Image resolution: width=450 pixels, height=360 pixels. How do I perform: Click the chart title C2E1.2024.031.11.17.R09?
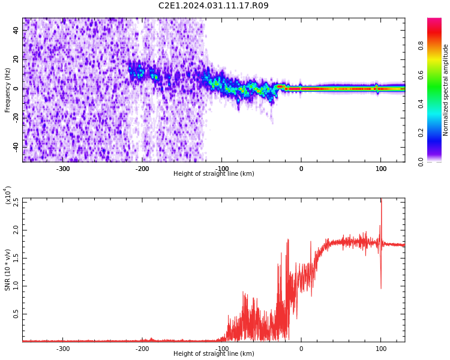pyautogui.click(x=213, y=6)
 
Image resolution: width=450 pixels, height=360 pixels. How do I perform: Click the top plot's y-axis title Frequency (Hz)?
pyautogui.click(x=8, y=90)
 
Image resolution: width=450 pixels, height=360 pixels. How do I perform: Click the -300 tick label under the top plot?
pyautogui.click(x=63, y=169)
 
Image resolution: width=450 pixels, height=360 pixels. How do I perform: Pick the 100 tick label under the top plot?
pyautogui.click(x=381, y=169)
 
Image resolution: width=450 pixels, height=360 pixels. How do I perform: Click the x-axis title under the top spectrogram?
pyautogui.click(x=214, y=174)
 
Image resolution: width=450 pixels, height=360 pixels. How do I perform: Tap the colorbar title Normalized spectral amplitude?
pyautogui.click(x=446, y=90)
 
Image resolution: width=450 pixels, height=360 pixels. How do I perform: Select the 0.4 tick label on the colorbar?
pyautogui.click(x=438, y=103)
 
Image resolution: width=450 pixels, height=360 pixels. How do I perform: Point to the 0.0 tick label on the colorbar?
pyautogui.click(x=438, y=161)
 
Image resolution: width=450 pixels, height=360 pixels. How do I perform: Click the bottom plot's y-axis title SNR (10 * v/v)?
pyautogui.click(x=8, y=270)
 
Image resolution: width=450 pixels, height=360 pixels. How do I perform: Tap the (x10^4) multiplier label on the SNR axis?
pyautogui.click(x=8, y=195)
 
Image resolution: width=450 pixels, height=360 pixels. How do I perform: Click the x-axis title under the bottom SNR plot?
pyautogui.click(x=214, y=354)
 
